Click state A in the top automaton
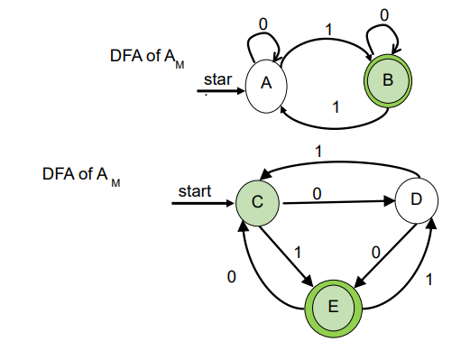click(x=265, y=83)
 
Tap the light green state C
click(x=257, y=202)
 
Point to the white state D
click(x=416, y=200)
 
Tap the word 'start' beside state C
click(x=194, y=191)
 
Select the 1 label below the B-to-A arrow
click(x=336, y=107)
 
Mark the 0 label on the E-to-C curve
click(x=231, y=279)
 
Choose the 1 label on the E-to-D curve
click(x=429, y=281)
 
